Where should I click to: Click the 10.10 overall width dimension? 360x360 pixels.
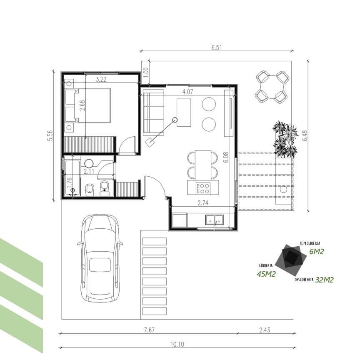pos(177,345)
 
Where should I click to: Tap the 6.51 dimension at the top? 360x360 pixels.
pos(217,47)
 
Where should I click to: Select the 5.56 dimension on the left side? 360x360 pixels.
pos(50,135)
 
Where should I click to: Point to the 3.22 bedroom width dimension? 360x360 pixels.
pos(101,80)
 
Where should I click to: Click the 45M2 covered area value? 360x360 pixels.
pos(266,274)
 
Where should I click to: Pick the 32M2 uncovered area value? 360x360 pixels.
pos(324,280)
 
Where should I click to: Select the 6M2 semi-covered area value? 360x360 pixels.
pos(317,252)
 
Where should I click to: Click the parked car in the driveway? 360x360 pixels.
pos(100,258)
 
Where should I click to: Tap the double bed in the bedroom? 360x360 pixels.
pos(87,105)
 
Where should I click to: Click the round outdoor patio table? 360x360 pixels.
pos(272,87)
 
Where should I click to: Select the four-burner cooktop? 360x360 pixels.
pos(203,188)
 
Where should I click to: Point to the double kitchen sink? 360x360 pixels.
pos(215,220)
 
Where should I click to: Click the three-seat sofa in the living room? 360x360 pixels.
pos(154,112)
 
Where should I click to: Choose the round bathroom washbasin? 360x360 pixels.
pos(89,163)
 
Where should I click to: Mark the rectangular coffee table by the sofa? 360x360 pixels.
pos(184,112)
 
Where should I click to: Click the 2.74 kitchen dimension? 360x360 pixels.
pos(203,203)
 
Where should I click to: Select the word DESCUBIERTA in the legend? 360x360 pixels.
pos(304,280)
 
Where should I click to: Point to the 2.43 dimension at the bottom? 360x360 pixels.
pos(265,330)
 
